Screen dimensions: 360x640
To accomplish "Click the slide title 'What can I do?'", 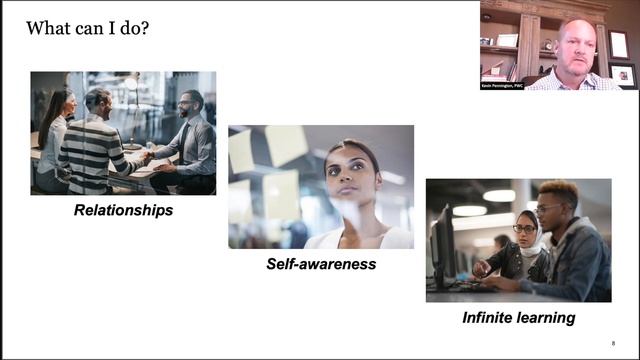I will point(89,28).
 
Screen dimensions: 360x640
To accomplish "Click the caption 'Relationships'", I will point(122,210).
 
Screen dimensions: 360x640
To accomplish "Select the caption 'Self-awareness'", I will point(320,264).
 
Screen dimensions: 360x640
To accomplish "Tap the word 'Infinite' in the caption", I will point(490,318).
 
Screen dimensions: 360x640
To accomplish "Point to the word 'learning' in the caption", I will point(548,318).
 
